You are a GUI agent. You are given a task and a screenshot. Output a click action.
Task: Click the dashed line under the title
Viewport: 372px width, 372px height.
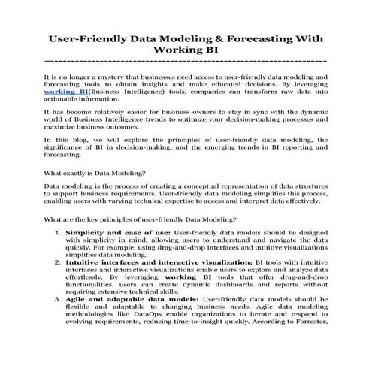click(186, 61)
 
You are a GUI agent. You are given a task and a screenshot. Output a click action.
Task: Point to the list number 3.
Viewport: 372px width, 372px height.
click(59, 299)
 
